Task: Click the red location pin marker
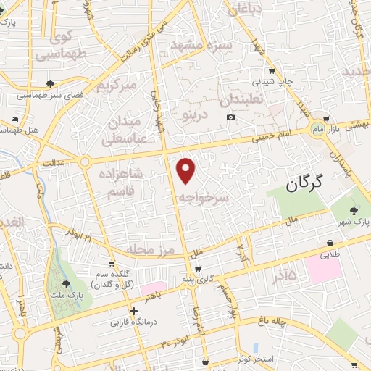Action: tap(187, 170)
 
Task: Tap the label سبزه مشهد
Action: tap(199, 43)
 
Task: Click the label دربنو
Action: tap(195, 113)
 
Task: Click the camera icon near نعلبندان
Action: tap(230, 117)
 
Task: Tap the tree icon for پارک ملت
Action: tap(67, 285)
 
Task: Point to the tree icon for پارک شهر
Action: tap(354, 210)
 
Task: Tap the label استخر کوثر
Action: tap(275, 360)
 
